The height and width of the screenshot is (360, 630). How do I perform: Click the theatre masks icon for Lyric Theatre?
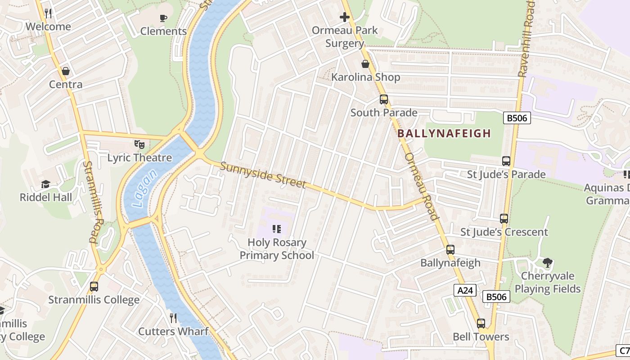tap(139, 144)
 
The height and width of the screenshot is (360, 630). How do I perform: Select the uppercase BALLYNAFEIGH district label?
tap(444, 134)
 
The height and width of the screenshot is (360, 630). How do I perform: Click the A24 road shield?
tap(465, 291)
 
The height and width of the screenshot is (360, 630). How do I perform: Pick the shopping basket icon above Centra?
tap(66, 71)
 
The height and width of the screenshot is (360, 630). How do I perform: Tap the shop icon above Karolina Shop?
tap(365, 64)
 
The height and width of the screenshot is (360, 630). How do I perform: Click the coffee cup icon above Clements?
tap(163, 18)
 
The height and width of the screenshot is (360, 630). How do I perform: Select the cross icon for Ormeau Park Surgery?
tap(345, 17)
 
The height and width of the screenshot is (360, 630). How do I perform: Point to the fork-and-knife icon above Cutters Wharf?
tap(173, 318)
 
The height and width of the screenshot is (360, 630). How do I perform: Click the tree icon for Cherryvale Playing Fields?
tap(548, 262)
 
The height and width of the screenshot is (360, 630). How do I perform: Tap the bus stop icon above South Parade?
tap(384, 99)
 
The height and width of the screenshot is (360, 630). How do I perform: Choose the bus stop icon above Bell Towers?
tap(481, 323)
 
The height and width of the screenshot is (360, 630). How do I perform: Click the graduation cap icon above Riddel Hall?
tap(45, 184)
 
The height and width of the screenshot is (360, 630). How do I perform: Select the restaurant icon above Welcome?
tap(48, 13)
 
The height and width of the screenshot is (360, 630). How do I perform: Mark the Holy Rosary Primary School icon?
tap(277, 229)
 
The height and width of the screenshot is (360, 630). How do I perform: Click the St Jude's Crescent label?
tap(504, 232)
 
